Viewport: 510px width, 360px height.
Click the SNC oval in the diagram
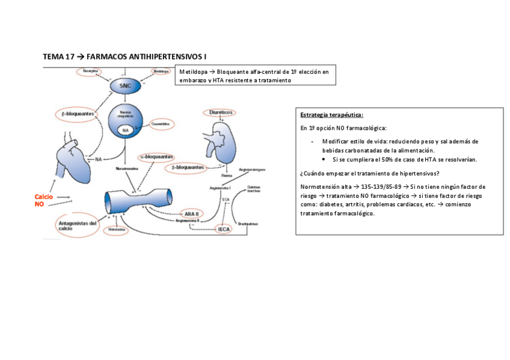[x=124, y=86]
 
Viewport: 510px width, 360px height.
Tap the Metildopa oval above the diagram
[x=160, y=71]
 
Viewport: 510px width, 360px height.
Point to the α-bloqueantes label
[x=156, y=156]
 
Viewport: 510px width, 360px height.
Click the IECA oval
[x=224, y=229]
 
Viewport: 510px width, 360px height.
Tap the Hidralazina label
[x=117, y=230]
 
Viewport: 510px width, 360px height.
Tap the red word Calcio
[x=44, y=197]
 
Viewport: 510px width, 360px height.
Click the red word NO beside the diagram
[x=39, y=204]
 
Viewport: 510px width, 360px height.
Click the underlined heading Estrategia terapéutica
[x=331, y=115]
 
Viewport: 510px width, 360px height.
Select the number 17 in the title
[x=69, y=56]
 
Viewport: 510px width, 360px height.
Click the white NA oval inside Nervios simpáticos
[x=125, y=130]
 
